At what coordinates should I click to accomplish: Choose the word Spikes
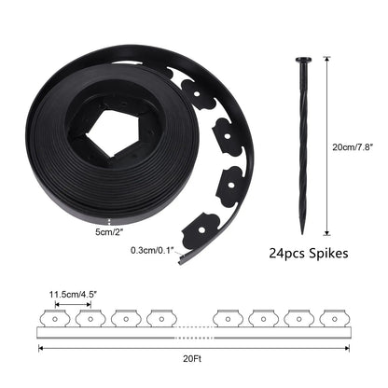326,252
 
